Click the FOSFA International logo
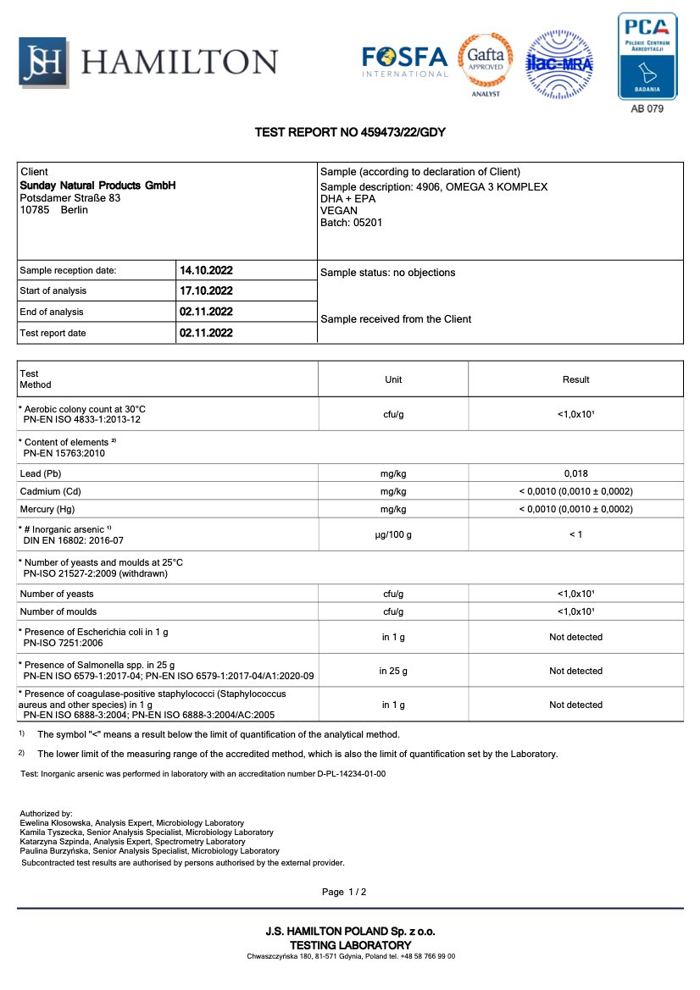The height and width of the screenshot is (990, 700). pyautogui.click(x=404, y=60)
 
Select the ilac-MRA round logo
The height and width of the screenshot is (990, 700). pyautogui.click(x=559, y=62)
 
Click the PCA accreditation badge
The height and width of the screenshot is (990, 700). pyautogui.click(x=647, y=56)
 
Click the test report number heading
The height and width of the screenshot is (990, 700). pyautogui.click(x=350, y=133)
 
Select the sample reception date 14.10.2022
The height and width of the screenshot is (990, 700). pyautogui.click(x=206, y=271)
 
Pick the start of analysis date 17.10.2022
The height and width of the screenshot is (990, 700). pyautogui.click(x=206, y=291)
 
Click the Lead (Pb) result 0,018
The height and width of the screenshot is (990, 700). pyautogui.click(x=575, y=474)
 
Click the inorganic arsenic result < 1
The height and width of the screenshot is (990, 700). pyautogui.click(x=575, y=534)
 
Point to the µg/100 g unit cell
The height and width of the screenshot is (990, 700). pyautogui.click(x=393, y=534)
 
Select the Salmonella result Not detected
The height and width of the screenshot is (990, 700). pyautogui.click(x=575, y=671)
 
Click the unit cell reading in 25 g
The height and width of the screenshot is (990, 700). pyautogui.click(x=393, y=671)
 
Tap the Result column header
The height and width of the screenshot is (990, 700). pyautogui.click(x=575, y=379)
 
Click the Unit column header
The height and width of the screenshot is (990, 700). pyautogui.click(x=393, y=379)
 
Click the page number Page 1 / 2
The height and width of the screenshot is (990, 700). pyautogui.click(x=344, y=892)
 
